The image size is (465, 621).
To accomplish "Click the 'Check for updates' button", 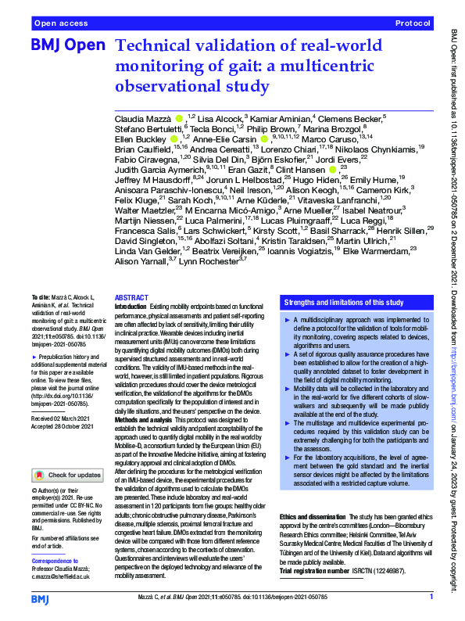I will tap(66, 474).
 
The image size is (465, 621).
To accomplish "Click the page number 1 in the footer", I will tap(431, 598).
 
